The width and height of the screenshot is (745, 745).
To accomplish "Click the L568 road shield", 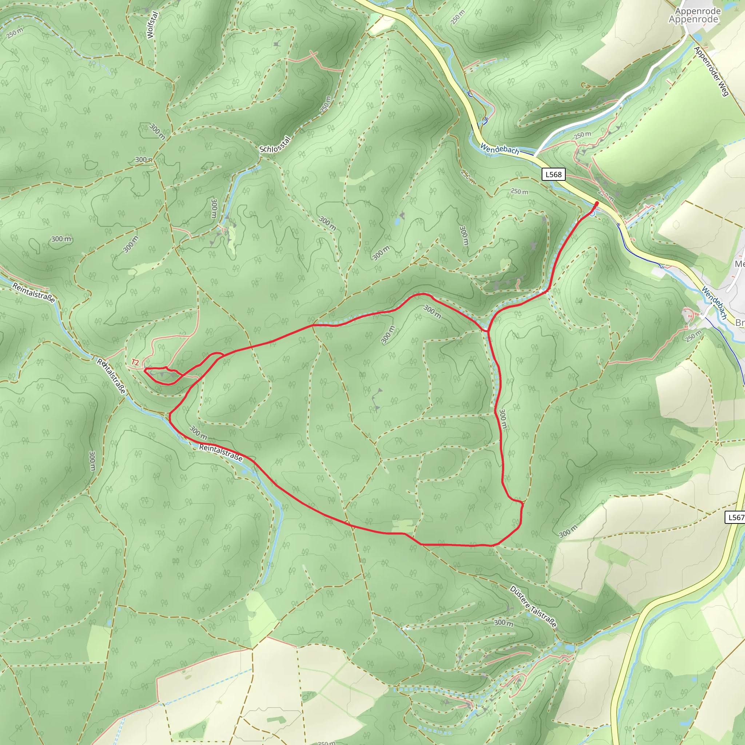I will pyautogui.click(x=554, y=175).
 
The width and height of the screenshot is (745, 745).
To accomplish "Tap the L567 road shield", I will pyautogui.click(x=735, y=517).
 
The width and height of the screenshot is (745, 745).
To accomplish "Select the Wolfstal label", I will pyautogui.click(x=152, y=25).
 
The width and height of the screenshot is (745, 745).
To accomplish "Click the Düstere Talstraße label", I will pyautogui.click(x=533, y=606).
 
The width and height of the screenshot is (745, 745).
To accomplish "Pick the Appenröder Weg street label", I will pyautogui.click(x=711, y=71).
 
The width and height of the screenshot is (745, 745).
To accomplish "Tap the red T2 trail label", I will pyautogui.click(x=135, y=362).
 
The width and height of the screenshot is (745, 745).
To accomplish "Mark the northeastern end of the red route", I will pyautogui.click(x=597, y=203).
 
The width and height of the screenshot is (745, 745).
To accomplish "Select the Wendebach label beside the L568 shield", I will pyautogui.click(x=500, y=149).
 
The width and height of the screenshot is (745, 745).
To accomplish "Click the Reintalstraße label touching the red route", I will pyautogui.click(x=221, y=452).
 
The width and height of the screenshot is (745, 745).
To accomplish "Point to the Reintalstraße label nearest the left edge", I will pyautogui.click(x=33, y=292).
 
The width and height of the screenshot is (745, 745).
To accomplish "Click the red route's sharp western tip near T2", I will pyautogui.click(x=145, y=370).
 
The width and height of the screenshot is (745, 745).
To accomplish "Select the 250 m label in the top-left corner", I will pyautogui.click(x=15, y=33).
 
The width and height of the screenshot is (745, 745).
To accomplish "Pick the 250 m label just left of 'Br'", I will pyautogui.click(x=693, y=336).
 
